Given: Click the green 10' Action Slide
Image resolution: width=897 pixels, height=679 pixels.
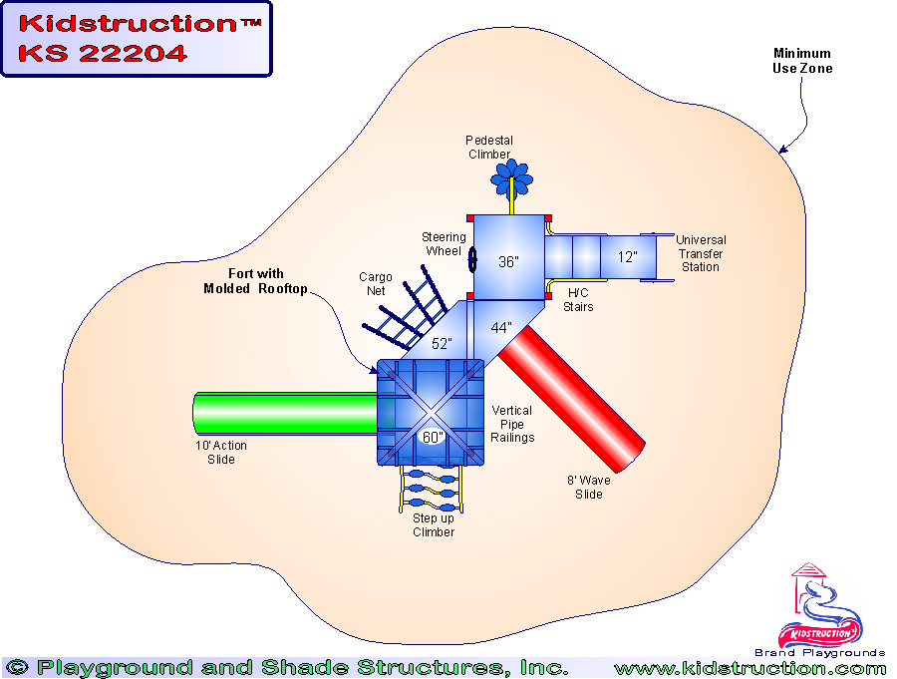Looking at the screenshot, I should (284, 413).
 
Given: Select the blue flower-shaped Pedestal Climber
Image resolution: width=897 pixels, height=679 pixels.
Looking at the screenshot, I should (511, 176).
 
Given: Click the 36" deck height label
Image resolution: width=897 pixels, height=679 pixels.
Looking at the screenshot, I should (509, 262).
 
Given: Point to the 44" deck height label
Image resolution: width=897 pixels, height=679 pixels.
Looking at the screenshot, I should (501, 327).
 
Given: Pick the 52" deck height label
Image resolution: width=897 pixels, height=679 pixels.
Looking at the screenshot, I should (442, 344).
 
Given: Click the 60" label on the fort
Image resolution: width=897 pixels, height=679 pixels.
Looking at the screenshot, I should (433, 437).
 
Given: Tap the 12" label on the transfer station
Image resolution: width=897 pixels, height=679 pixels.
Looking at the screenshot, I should (627, 256).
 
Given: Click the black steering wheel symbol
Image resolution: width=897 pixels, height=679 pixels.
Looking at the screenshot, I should (472, 260).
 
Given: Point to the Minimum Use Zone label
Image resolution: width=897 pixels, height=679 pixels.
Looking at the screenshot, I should (802, 61).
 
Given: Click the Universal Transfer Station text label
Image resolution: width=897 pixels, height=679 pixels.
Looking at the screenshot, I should (701, 253).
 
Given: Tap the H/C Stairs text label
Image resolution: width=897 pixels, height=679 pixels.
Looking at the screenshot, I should (579, 300).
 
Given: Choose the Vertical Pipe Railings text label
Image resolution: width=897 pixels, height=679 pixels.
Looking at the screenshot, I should (512, 424).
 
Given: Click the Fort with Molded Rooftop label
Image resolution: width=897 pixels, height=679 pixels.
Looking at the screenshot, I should (243, 281).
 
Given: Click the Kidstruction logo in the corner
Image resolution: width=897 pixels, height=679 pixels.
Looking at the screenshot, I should (821, 607).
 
